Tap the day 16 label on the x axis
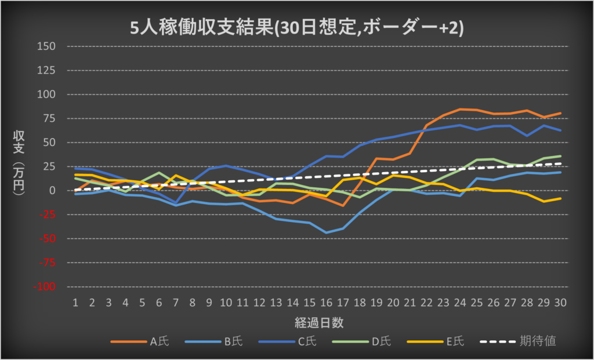pyautogui.click(x=327, y=302)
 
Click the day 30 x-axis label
pyautogui.click(x=560, y=302)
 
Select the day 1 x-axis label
pyautogui.click(x=75, y=302)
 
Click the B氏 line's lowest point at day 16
pyautogui.click(x=327, y=232)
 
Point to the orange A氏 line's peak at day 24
pyautogui.click(x=460, y=109)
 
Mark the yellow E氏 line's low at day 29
pyautogui.click(x=544, y=201)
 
